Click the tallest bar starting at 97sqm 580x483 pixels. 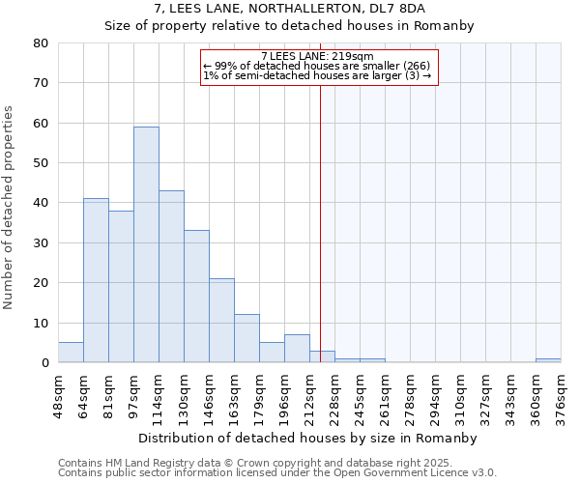tap(146, 244)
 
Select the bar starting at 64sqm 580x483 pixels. tap(96, 280)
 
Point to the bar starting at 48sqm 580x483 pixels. tap(71, 353)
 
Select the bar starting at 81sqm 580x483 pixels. tap(121, 287)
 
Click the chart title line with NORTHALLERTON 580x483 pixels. tap(289, 8)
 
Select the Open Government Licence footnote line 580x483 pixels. tap(277, 473)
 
